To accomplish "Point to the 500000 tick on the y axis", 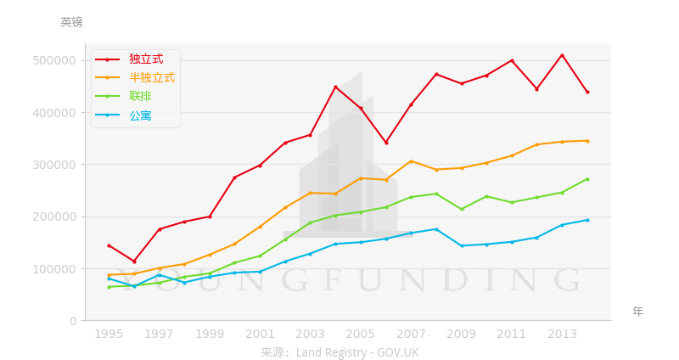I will (54, 60).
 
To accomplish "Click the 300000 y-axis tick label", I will (54, 165).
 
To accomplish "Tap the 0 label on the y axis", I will (73, 321).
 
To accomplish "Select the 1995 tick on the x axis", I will (109, 334).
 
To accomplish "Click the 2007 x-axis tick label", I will (411, 334).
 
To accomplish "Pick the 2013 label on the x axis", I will (562, 334).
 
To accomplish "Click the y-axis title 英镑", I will (71, 23).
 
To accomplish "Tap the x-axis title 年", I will (638, 312).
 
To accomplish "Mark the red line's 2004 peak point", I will (335, 87).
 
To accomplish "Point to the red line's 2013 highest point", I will (562, 55).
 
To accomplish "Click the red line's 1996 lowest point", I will (134, 262).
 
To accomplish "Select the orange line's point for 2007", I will (411, 161).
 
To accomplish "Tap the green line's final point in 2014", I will (587, 179).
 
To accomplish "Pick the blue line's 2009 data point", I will (461, 246).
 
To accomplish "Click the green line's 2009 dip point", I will (461, 209).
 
